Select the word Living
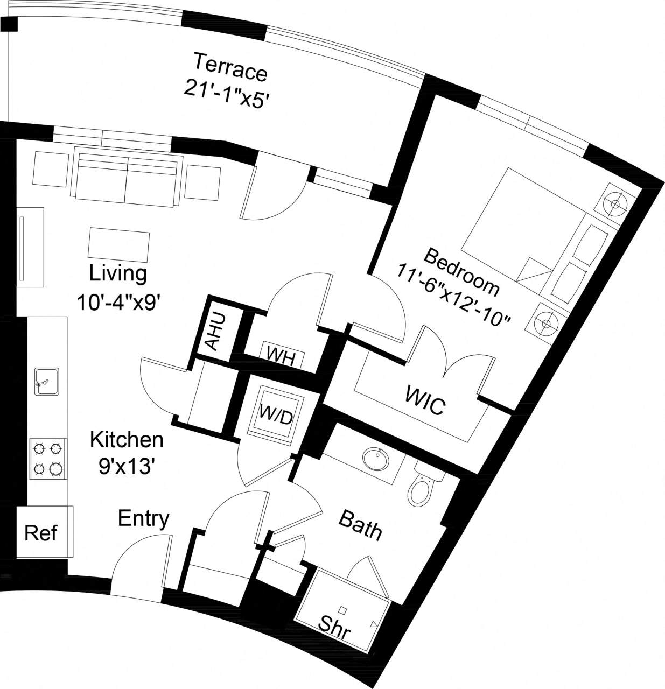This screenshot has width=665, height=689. click(118, 273)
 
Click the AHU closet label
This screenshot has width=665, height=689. click(214, 332)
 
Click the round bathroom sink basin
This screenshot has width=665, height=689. click(376, 460)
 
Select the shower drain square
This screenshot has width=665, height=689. click(342, 610)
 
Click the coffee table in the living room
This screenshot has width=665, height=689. click(119, 244)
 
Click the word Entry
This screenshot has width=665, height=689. click(143, 519)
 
